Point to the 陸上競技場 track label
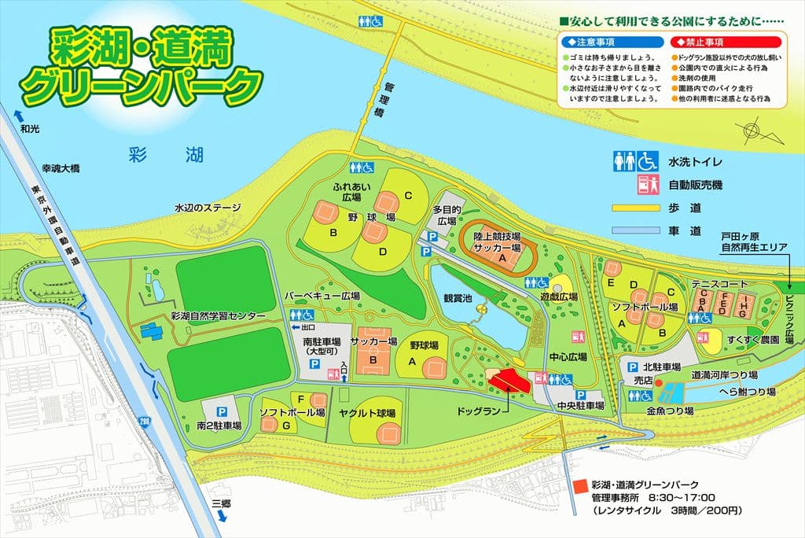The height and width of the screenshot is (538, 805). (x=497, y=235)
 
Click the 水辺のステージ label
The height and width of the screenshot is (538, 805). (x=207, y=208)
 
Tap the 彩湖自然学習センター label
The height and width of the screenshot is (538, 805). (x=218, y=315)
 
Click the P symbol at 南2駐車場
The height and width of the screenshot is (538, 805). (x=222, y=411)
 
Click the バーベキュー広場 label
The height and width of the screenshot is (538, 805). (x=322, y=296)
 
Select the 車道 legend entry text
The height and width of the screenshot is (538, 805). (x=684, y=231)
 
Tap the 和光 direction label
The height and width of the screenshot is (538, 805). (x=29, y=128)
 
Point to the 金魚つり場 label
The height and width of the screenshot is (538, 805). (x=670, y=411)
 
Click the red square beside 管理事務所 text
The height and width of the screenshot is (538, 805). (x=579, y=486)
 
